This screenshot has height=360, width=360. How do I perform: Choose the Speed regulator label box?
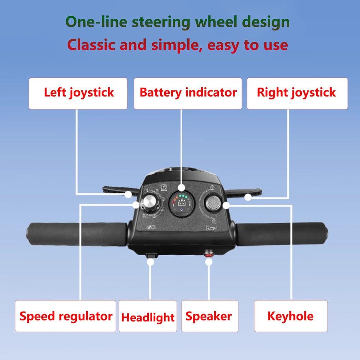coord(66,316)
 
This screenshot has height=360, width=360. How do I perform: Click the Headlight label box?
coord(148,317)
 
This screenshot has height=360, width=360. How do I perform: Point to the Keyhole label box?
coord(290,316)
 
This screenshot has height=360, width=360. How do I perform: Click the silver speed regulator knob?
coord(149,202)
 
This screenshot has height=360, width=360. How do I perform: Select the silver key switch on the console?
coord(212,203)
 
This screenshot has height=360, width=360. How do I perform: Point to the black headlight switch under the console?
coord(150,255)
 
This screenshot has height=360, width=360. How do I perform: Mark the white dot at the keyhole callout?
coord(226,205)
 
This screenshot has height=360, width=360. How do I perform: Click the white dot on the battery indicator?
coord(182,187)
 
